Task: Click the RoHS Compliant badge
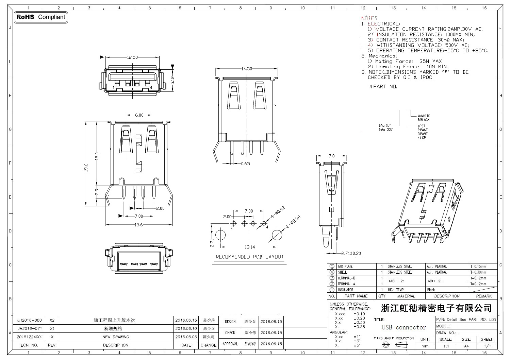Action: pyautogui.click(x=41, y=17)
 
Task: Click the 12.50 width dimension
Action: pyautogui.click(x=132, y=57)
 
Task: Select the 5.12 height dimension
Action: pyautogui.click(x=172, y=80)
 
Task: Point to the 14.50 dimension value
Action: pyautogui.click(x=247, y=69)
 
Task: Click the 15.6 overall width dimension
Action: pyautogui.click(x=139, y=225)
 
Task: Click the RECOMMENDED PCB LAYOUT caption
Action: pyautogui.click(x=249, y=257)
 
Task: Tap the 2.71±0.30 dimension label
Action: pyautogui.click(x=350, y=253)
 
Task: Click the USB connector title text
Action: pyautogui.click(x=404, y=327)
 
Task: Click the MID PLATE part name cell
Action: pyautogui.click(x=345, y=267)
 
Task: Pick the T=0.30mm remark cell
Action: pyautogui.click(x=478, y=272)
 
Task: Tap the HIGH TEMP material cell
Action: pyautogui.click(x=396, y=290)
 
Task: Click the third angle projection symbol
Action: pyautogui.click(x=394, y=344)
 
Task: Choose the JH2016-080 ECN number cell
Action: pyautogui.click(x=30, y=320)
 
